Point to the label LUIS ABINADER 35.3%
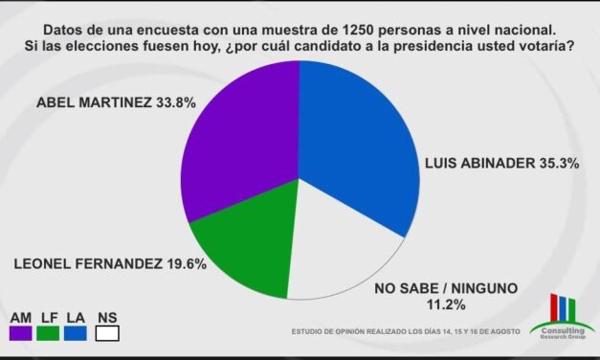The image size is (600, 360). point(488,164)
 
